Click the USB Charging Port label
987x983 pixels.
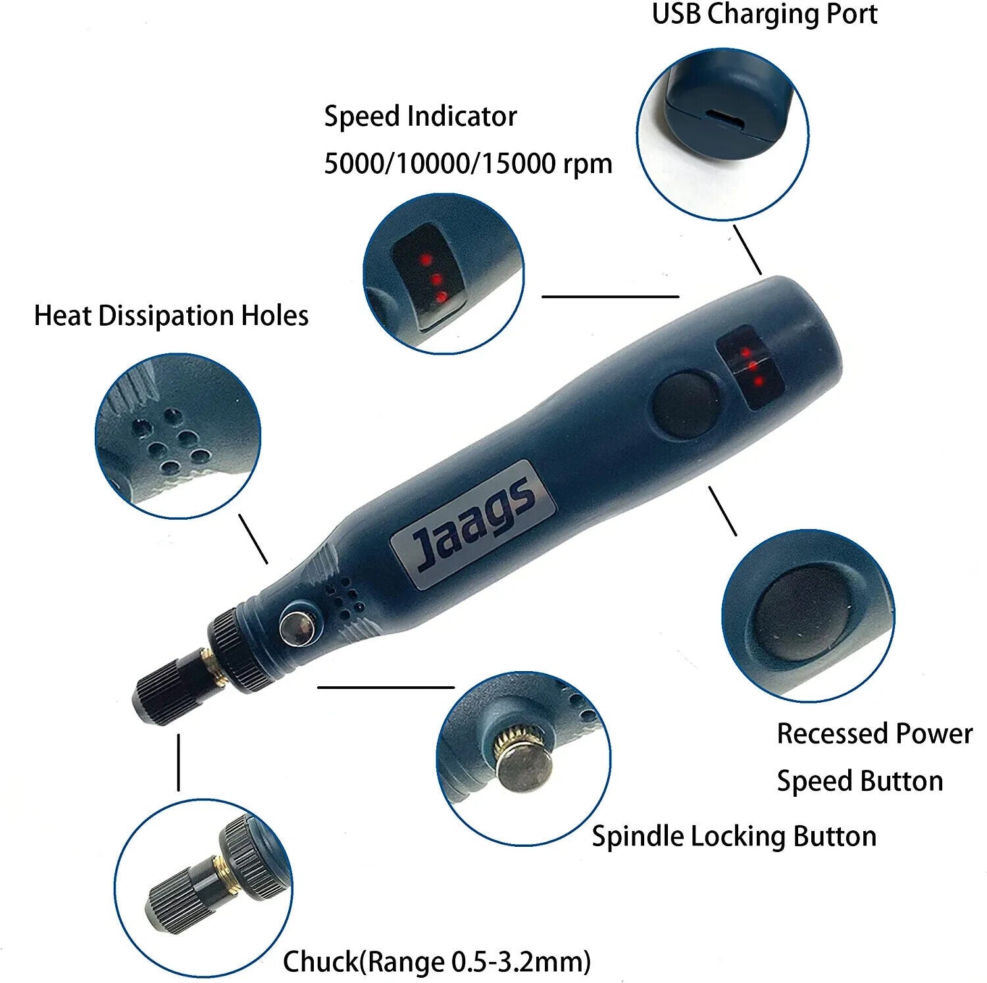(765, 14)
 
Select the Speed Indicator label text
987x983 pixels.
(420, 116)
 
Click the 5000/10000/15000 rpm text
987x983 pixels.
(468, 163)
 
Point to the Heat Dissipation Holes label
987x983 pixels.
(171, 316)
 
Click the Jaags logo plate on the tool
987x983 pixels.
(472, 515)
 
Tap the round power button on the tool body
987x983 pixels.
(686, 405)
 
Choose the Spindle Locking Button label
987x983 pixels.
(734, 837)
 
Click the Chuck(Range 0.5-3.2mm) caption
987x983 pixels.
(437, 962)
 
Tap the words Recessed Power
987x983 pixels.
(874, 734)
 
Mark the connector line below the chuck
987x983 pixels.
(178, 763)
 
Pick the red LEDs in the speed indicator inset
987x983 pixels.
(434, 279)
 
